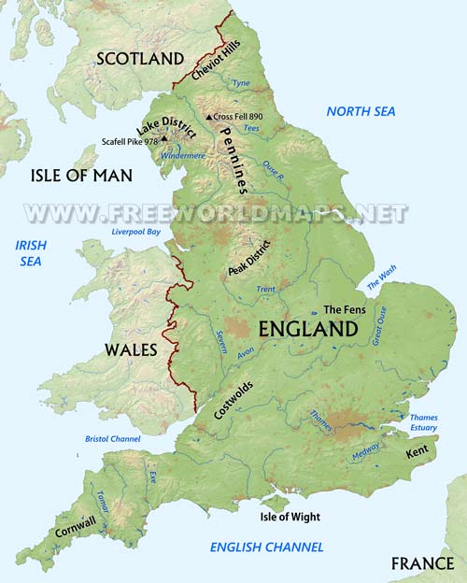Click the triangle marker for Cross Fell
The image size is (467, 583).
(209, 117)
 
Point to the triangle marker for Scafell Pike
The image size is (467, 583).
(164, 139)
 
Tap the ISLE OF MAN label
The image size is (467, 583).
(81, 176)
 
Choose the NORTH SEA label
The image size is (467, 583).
(361, 111)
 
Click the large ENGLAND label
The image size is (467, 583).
(307, 329)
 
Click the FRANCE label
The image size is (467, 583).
(421, 563)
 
